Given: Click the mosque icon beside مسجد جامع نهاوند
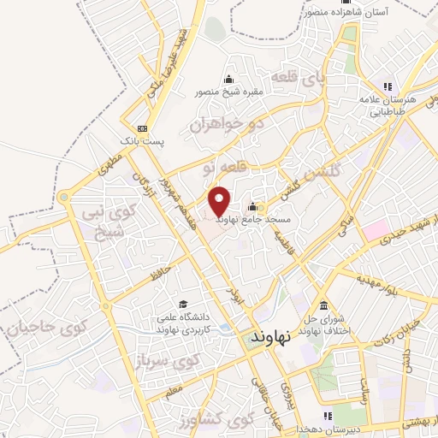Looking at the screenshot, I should (252, 207).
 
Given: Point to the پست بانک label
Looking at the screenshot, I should (156, 137).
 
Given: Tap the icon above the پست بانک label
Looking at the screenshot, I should (142, 127).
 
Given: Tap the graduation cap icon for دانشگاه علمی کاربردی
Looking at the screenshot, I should (182, 304).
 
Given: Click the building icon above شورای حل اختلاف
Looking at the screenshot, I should (323, 306).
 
